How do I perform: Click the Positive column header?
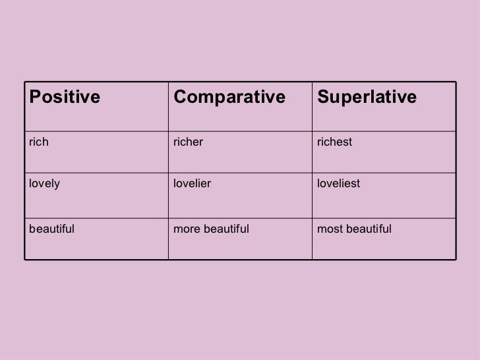coord(64,98)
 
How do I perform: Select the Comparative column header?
coord(229,98)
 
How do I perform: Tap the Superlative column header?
coord(367,98)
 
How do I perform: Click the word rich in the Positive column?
coord(39,140)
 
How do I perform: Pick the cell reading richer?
coord(189,140)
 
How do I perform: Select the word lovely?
coord(44,184)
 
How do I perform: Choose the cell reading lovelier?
coord(193,184)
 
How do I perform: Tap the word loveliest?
coord(338,184)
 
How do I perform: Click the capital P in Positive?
coord(33,98)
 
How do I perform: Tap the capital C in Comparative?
coord(179,98)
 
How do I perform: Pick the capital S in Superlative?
coord(323,98)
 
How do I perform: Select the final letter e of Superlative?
coord(412,98)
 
